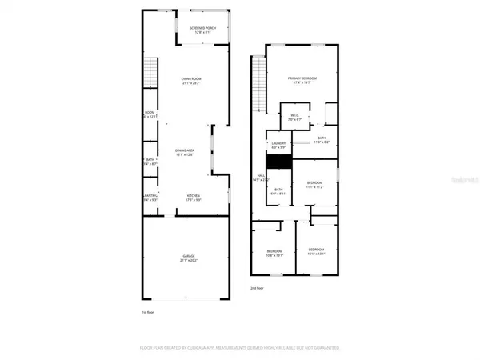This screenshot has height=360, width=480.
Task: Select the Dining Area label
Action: [x=186, y=152]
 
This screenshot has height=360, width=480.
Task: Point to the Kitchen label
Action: [x=192, y=198]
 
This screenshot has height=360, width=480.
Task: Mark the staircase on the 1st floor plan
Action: [x=149, y=74]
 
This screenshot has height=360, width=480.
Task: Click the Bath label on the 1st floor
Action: [x=149, y=161]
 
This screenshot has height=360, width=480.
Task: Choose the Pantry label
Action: [x=149, y=198]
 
